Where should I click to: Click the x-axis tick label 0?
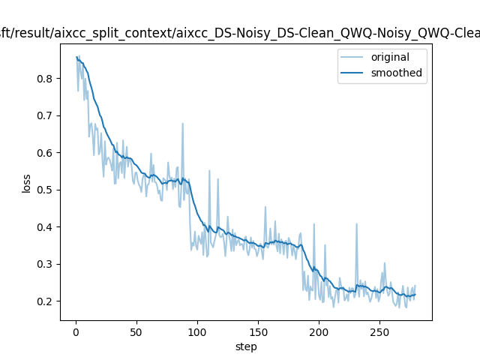[x=76, y=331]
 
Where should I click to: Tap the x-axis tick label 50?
[x=136, y=331]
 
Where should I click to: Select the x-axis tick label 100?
[x=197, y=331]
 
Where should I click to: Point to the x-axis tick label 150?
[x=258, y=331]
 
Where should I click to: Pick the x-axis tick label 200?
[x=319, y=331]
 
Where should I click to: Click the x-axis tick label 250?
[x=379, y=331]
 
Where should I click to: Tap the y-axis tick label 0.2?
[x=46, y=301]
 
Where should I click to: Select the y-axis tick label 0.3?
[x=46, y=264]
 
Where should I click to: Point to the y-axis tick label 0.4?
[x=46, y=227]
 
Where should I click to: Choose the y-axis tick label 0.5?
[x=46, y=190]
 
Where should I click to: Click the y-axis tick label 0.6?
[x=46, y=153]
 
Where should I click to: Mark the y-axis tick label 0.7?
[x=46, y=115]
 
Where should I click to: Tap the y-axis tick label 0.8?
[x=46, y=79]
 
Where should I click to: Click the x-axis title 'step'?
[x=246, y=346]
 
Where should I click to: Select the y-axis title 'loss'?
[x=26, y=183]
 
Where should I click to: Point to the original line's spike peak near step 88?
[x=182, y=124]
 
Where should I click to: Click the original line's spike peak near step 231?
[x=356, y=223]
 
